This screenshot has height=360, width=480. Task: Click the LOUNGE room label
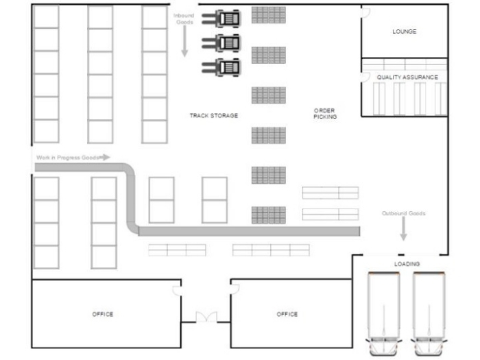tap(404, 32)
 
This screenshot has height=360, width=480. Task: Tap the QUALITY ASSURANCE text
tap(407, 77)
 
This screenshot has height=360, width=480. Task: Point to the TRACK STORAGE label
tap(214, 115)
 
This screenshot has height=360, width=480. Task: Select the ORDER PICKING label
tap(325, 114)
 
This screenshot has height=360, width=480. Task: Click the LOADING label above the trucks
tap(407, 264)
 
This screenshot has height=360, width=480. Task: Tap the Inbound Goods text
tap(184, 19)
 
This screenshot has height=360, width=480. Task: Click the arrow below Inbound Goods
tap(184, 41)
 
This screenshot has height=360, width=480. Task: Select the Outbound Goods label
tap(403, 213)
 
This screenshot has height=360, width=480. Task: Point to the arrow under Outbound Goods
tap(403, 228)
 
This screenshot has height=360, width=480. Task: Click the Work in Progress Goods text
tap(68, 158)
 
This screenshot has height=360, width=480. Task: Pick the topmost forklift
tap(221, 19)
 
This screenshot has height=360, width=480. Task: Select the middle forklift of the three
tap(221, 43)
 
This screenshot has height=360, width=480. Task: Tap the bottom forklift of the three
tap(221, 67)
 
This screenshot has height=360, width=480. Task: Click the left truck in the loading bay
tap(384, 314)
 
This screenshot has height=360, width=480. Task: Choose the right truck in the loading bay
tap(429, 314)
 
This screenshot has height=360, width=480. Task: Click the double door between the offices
tap(206, 317)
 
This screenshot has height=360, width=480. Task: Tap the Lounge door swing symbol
tap(365, 13)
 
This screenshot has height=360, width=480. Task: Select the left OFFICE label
tap(103, 314)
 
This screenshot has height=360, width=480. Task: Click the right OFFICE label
tap(287, 314)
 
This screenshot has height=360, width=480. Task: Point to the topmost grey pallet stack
tap(269, 15)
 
